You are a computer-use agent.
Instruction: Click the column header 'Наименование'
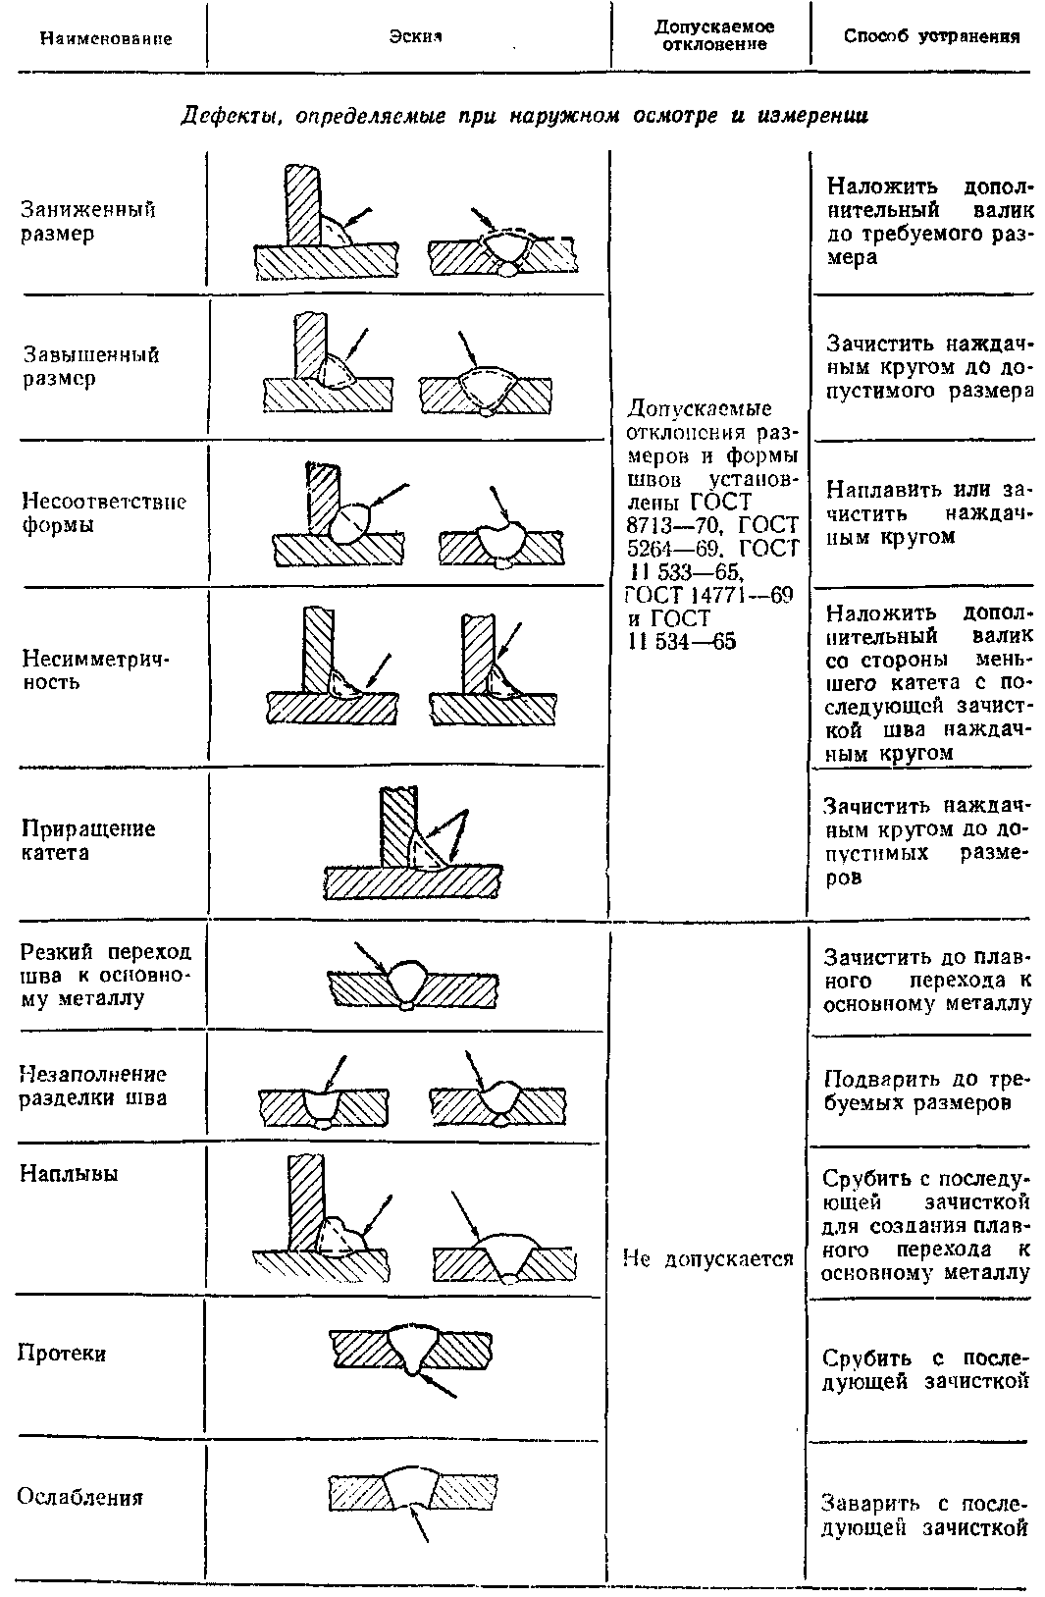point(106,39)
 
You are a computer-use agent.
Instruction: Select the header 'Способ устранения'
point(931,37)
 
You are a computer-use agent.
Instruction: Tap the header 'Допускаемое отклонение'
point(713,36)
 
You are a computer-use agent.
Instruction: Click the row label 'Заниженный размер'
point(88,222)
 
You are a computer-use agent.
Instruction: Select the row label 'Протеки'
point(62,1354)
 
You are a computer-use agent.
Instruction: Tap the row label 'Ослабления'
point(80,1497)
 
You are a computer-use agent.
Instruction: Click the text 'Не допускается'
point(708,1258)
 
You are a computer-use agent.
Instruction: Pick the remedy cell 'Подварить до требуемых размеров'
point(924,1091)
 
